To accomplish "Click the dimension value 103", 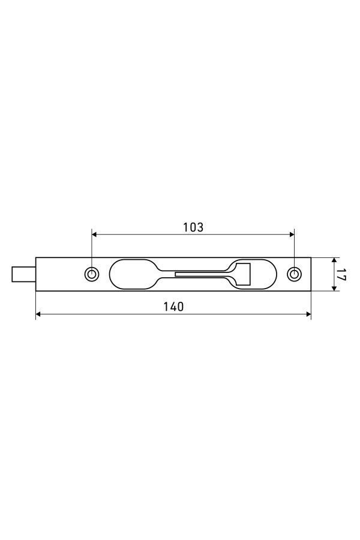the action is point(193,227).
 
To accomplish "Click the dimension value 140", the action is point(173,307).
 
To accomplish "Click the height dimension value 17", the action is point(341,274).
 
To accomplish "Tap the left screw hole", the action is point(92,274).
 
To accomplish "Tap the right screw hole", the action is point(294,274).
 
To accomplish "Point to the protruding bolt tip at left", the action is point(23,274).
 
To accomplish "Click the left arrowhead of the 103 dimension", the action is point(94,235).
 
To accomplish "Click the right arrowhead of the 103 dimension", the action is point(291,235).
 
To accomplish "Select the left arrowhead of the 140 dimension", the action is point(38,314).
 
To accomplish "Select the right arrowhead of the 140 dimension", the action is point(308,314).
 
